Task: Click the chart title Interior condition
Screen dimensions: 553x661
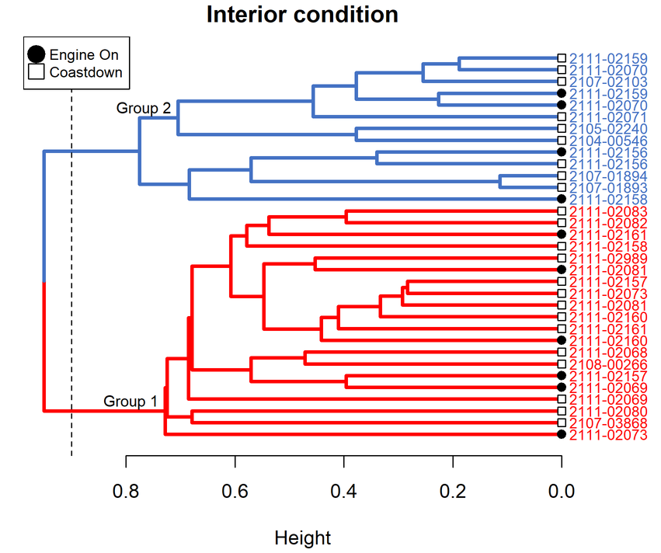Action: pyautogui.click(x=302, y=15)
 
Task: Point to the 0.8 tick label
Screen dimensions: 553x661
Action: pyautogui.click(x=126, y=491)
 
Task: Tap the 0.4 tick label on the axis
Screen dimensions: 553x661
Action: pyautogui.click(x=343, y=491)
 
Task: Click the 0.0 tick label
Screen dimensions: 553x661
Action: pyautogui.click(x=561, y=491)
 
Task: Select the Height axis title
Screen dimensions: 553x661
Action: pyautogui.click(x=303, y=538)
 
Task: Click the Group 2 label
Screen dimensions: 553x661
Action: pyautogui.click(x=144, y=109)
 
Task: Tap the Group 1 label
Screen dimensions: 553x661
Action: pyautogui.click(x=130, y=402)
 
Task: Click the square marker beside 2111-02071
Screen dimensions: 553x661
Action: pyautogui.click(x=561, y=117)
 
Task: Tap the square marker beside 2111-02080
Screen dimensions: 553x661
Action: pyautogui.click(x=561, y=411)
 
